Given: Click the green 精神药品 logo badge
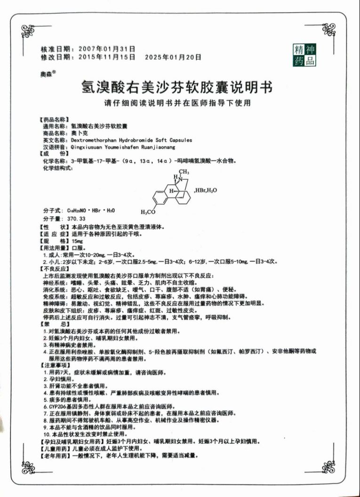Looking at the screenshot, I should point(304,56).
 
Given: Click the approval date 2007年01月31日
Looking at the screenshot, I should point(107,48).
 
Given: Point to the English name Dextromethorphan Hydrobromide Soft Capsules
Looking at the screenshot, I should point(131,140).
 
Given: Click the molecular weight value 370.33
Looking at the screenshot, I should point(76,219).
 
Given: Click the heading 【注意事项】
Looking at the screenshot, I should point(56,365).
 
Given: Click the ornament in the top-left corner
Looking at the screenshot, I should point(28,32).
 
